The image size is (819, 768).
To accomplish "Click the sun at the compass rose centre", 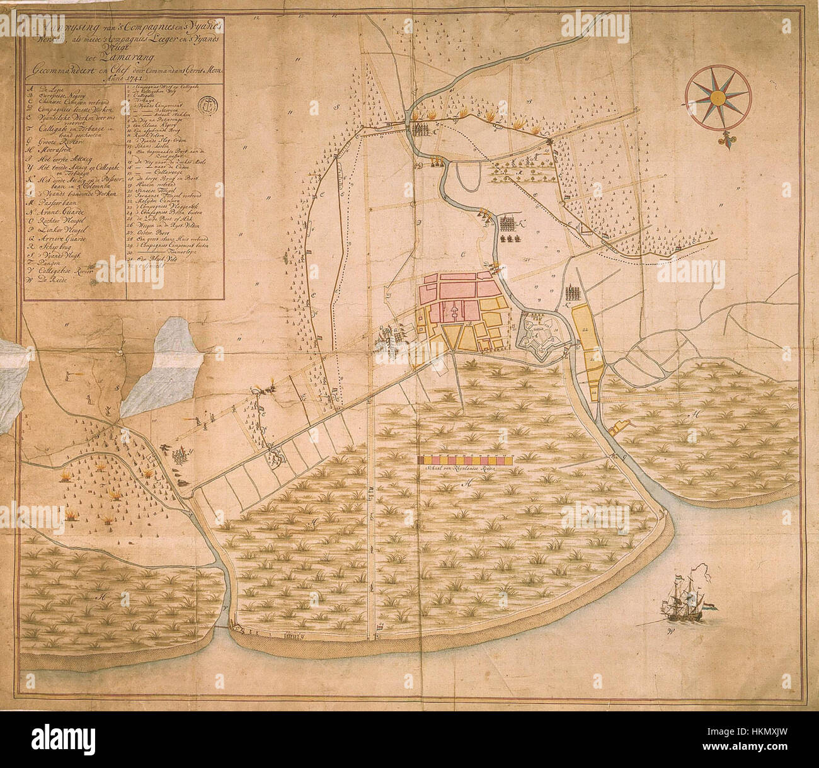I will [718, 97].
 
